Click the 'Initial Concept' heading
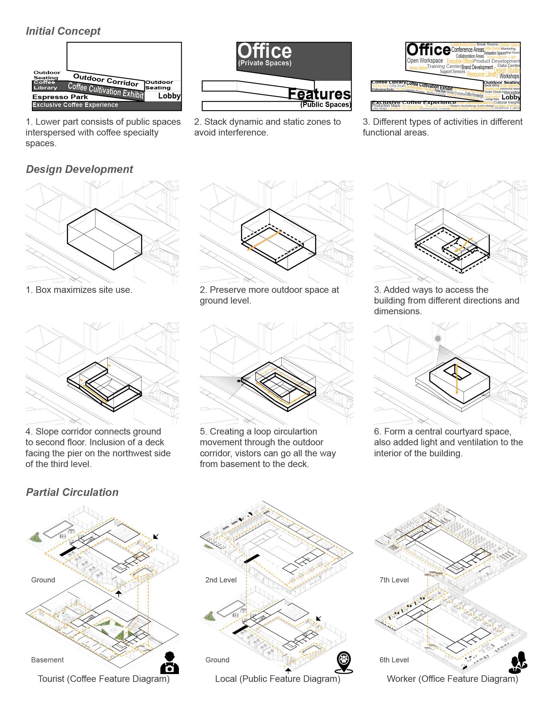point(63,31)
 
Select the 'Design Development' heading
point(79,169)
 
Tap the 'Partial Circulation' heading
point(72,492)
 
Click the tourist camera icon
point(170,663)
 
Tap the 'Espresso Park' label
point(60,97)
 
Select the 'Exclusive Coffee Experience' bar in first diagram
point(75,105)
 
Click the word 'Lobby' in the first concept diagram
point(169,96)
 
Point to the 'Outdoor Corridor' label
point(105,80)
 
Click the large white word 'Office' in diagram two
point(264,51)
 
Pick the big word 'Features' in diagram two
point(319,94)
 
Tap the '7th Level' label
point(394,580)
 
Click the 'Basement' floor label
point(47,660)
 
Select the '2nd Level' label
point(221,580)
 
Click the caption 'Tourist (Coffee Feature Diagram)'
point(103,679)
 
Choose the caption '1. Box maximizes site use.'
point(79,290)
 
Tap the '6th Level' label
point(394,660)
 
